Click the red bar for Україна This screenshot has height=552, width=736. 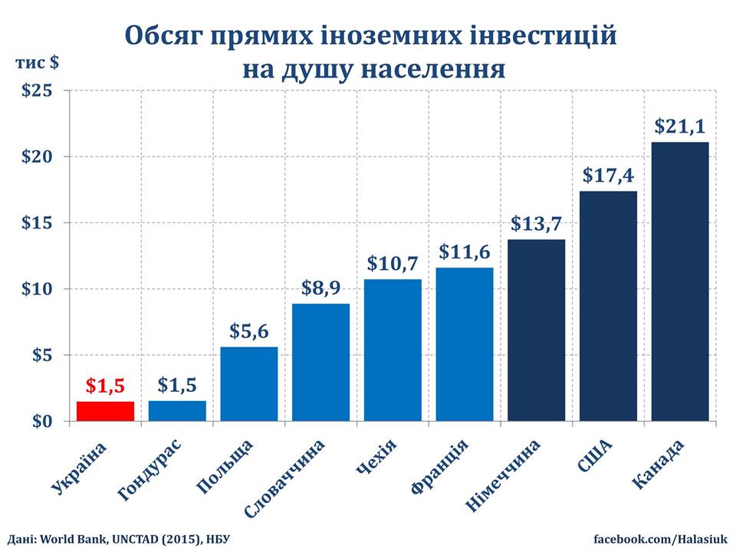[x=105, y=411]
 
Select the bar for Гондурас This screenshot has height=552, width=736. [x=177, y=411]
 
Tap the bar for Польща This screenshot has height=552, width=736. [x=249, y=384]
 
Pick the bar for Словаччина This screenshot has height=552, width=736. [x=320, y=362]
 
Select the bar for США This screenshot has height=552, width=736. [x=608, y=306]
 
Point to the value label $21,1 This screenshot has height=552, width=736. [x=680, y=127]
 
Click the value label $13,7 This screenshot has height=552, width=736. [x=537, y=225]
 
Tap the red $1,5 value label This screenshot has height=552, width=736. [x=105, y=386]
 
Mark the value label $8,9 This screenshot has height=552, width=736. [x=320, y=288]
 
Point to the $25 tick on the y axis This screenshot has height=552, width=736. [x=36, y=90]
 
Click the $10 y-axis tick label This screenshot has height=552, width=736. [x=36, y=289]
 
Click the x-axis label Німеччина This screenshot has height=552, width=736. [x=504, y=475]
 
